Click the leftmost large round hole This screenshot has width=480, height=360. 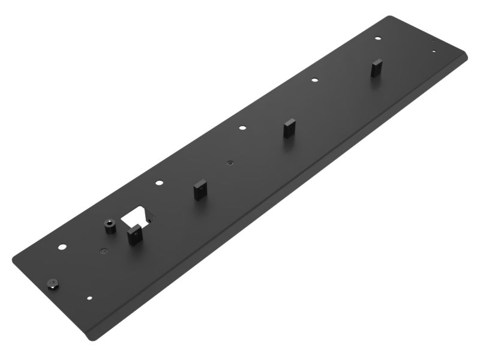62,247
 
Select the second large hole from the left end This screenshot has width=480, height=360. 159,183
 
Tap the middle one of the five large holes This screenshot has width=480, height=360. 242,127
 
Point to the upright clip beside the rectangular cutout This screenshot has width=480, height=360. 133,234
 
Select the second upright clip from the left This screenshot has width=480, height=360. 199,191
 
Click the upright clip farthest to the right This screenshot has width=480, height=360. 376,68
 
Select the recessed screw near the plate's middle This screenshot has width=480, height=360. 230,162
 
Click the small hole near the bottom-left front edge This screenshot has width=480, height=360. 90,297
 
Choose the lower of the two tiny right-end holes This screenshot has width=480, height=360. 434,52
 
